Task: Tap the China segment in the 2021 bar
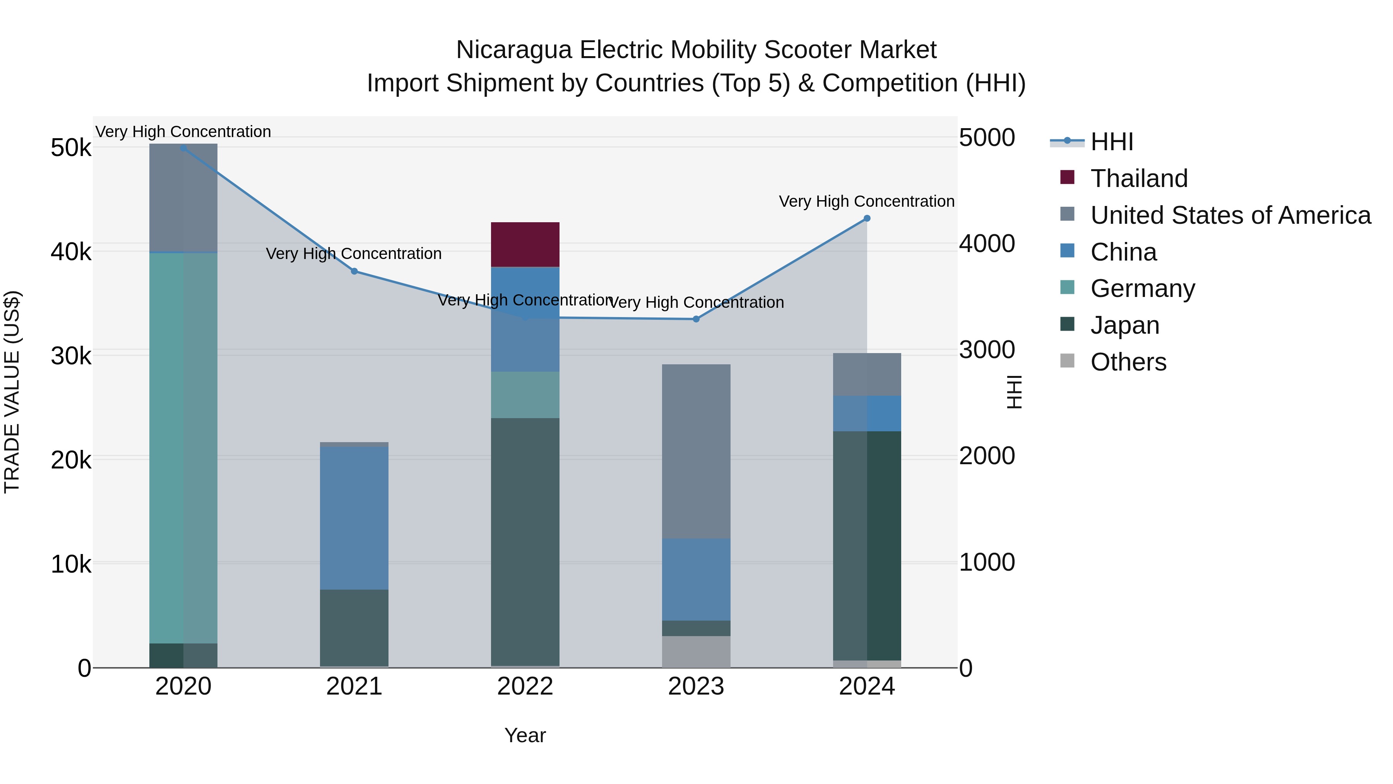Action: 354,518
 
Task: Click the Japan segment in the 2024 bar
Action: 866,546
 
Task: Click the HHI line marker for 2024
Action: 866,218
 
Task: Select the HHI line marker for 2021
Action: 354,271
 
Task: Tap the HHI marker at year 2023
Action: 696,319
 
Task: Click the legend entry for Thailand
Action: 1138,178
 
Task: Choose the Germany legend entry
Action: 1142,288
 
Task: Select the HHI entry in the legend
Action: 1111,142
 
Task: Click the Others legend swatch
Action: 1067,361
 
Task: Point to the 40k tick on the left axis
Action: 71,252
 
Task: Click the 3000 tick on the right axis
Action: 987,350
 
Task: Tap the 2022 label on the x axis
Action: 525,686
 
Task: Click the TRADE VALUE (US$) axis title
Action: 12,392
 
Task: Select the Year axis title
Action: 525,735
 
